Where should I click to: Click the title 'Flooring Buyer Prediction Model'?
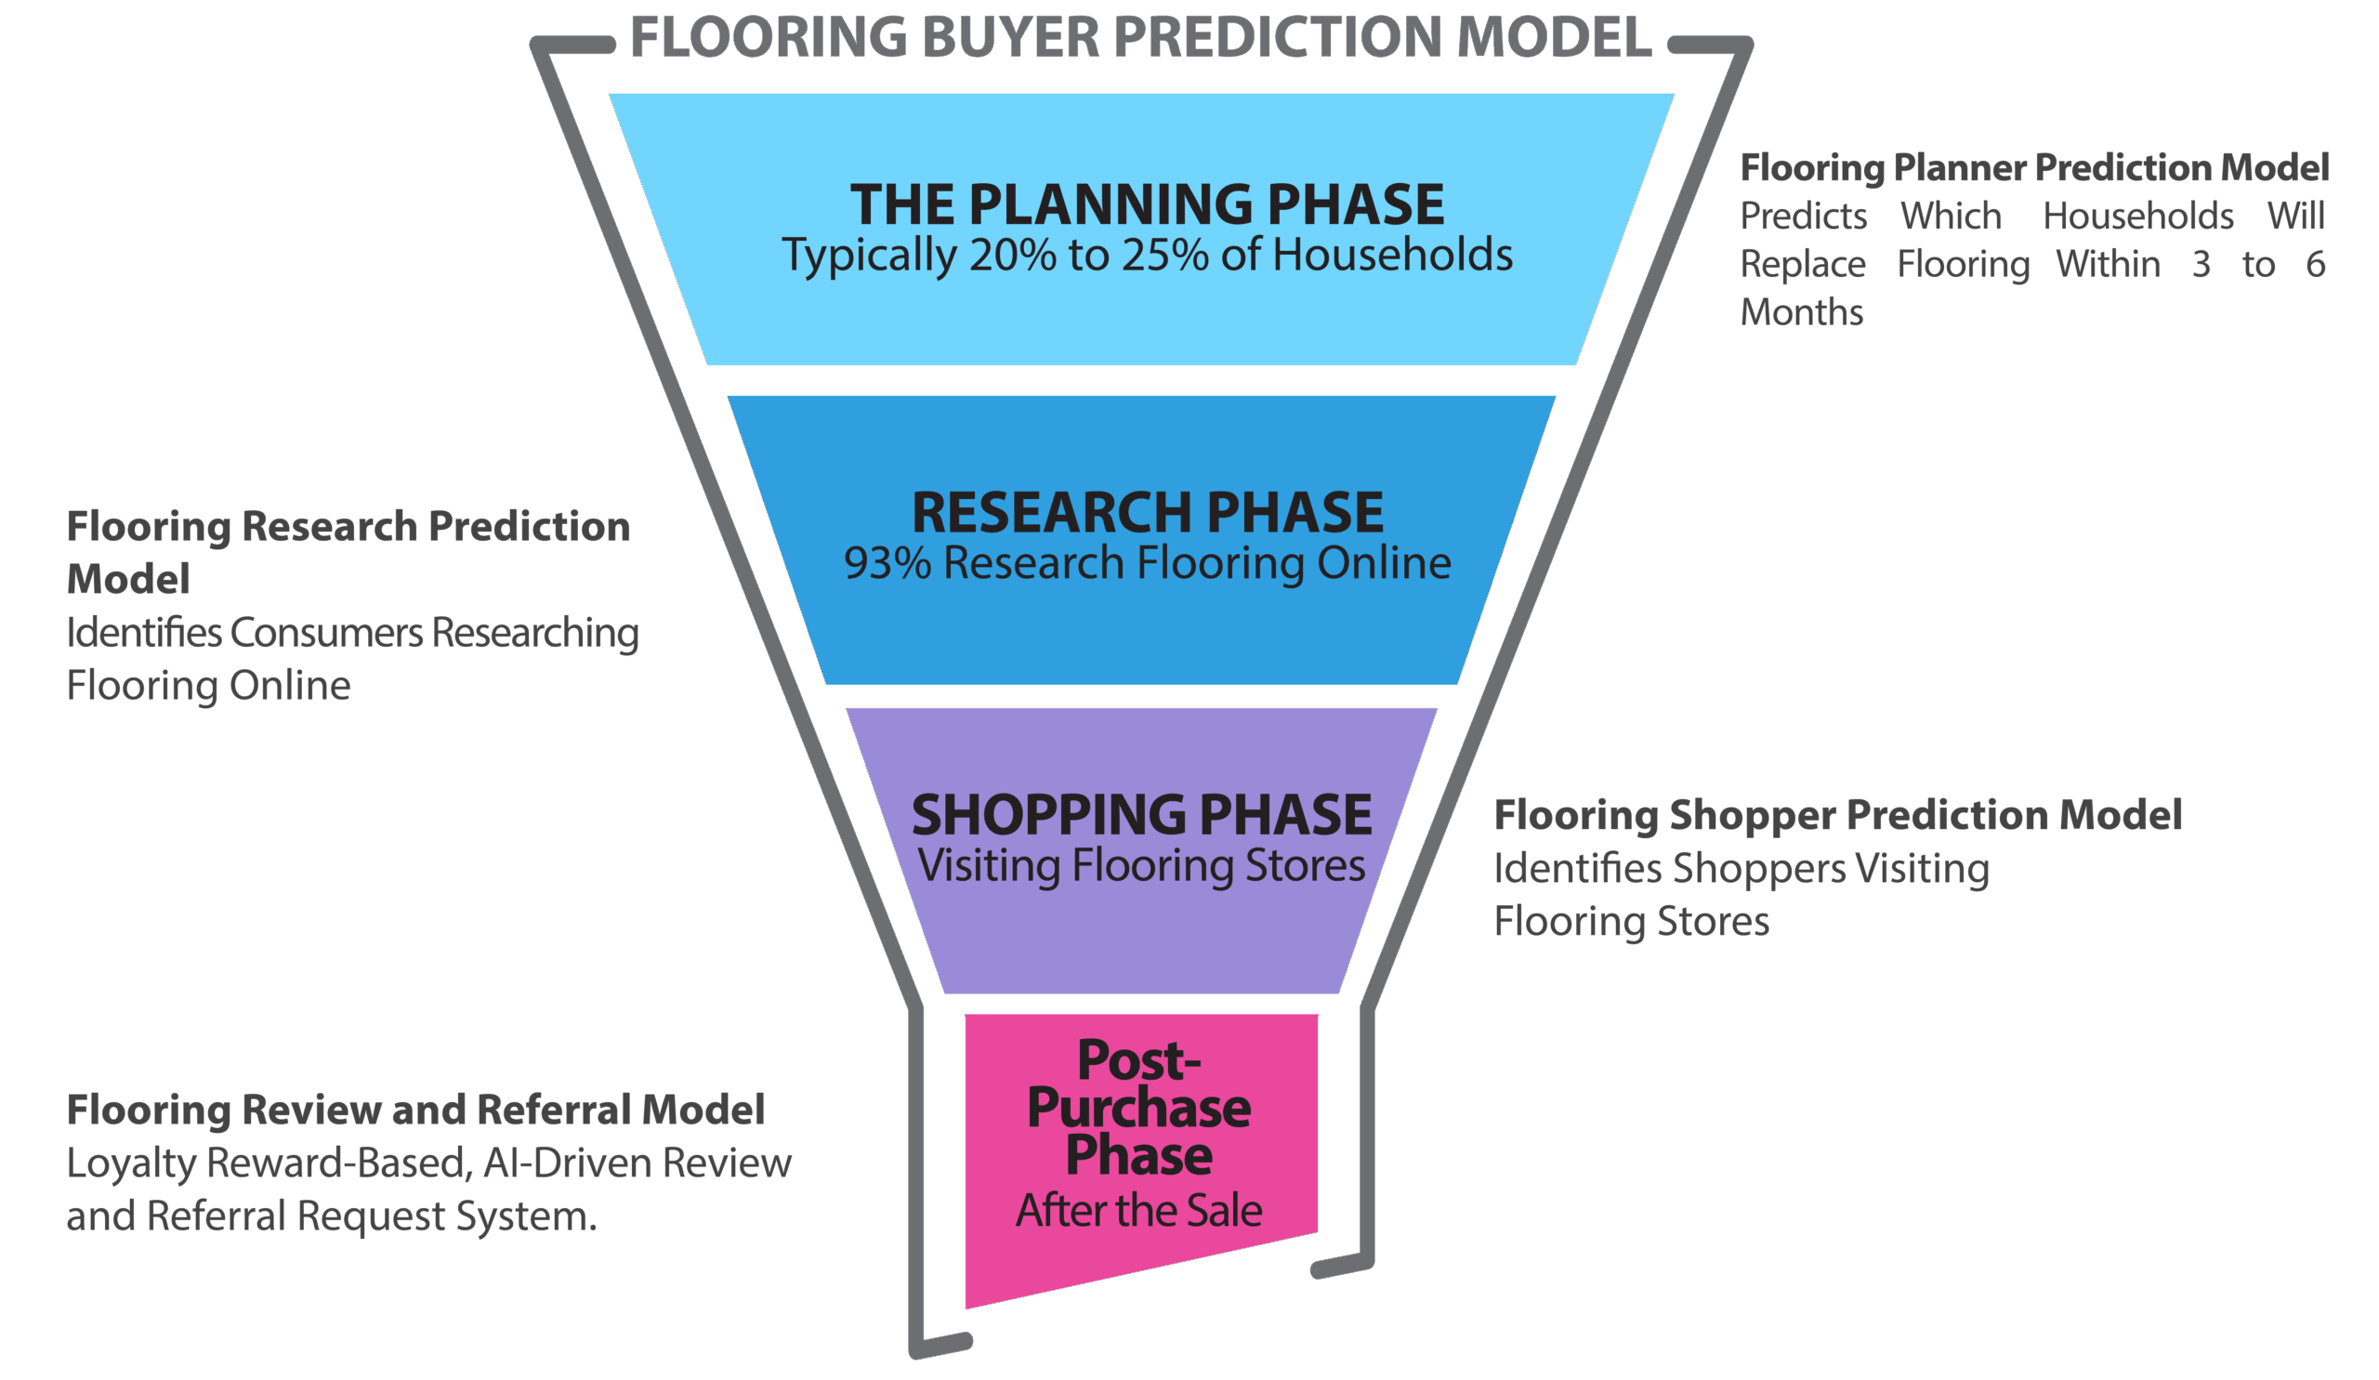(1140, 38)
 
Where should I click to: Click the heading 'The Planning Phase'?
(1147, 204)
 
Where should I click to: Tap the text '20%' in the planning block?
(1011, 256)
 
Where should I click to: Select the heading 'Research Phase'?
(1147, 513)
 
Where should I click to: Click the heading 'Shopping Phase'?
(1141, 816)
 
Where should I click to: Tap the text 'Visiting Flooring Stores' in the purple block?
(1141, 866)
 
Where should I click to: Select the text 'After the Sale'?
(1138, 1211)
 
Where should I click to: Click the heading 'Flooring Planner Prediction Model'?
(2033, 168)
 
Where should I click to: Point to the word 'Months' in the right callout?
(1801, 312)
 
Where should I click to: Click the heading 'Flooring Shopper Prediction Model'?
(1837, 816)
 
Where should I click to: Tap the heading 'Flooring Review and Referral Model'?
(415, 1111)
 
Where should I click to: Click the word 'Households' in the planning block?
(1392, 256)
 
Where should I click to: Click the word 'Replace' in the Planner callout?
(1802, 264)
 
